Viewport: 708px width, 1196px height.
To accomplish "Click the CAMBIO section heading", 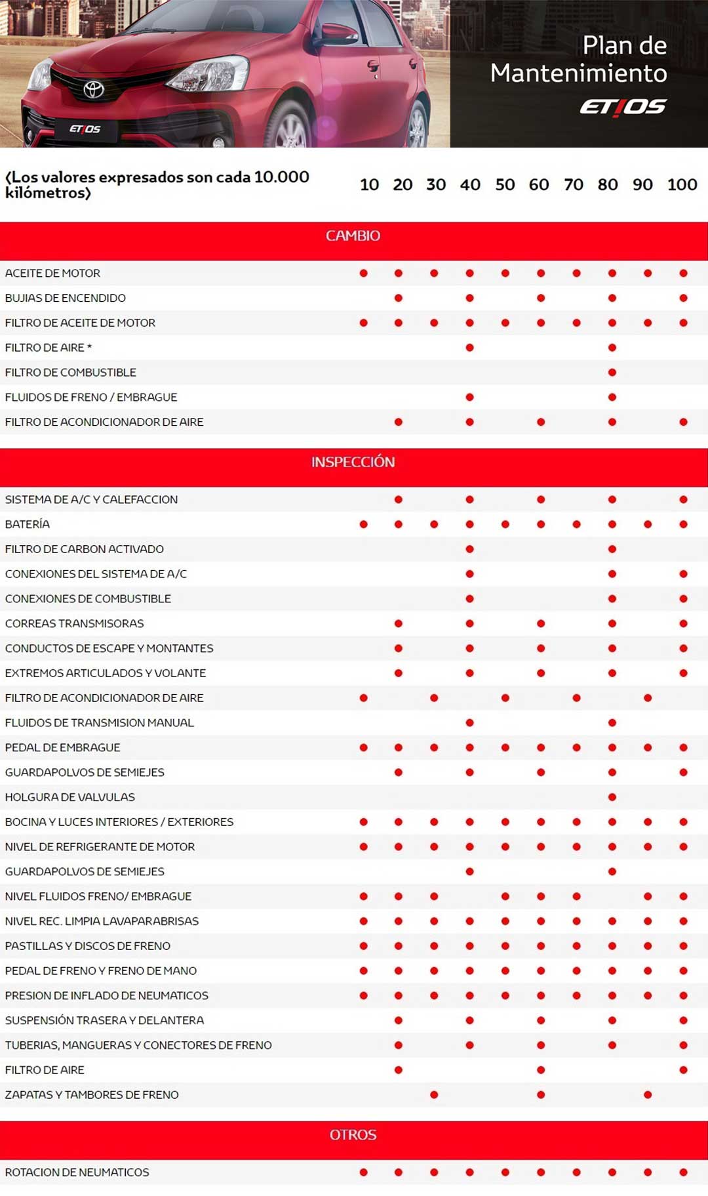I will [353, 236].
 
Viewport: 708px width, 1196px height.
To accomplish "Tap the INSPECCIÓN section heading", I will [353, 462].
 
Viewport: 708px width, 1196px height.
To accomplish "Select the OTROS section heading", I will [353, 1134].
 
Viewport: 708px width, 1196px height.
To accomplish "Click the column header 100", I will [682, 184].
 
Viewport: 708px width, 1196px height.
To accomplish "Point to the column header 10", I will [369, 184].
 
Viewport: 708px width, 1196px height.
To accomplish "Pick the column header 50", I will [505, 184].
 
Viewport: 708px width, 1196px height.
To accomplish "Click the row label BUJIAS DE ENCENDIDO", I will [66, 298].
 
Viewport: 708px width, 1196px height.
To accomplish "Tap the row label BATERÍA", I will [28, 524].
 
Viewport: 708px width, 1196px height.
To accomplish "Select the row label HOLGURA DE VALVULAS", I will [70, 797].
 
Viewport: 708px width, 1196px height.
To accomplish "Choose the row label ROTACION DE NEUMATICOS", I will [77, 1172].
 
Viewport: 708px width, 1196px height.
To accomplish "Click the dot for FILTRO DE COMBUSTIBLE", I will [612, 373].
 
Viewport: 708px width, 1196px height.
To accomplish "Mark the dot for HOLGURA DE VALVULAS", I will [612, 797].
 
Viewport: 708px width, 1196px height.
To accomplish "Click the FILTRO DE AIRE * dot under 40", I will [469, 348].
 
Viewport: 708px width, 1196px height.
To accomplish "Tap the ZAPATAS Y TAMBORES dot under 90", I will [648, 1094].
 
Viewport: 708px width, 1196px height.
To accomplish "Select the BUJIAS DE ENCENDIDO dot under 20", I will [399, 298].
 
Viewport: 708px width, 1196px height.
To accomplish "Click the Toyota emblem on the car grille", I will [94, 89].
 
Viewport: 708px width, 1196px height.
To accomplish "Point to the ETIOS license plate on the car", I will [85, 129].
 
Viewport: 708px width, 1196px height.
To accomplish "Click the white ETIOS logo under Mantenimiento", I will [623, 107].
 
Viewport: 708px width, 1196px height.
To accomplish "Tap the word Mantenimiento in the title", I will [578, 73].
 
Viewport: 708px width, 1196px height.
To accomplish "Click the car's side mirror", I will [338, 33].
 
